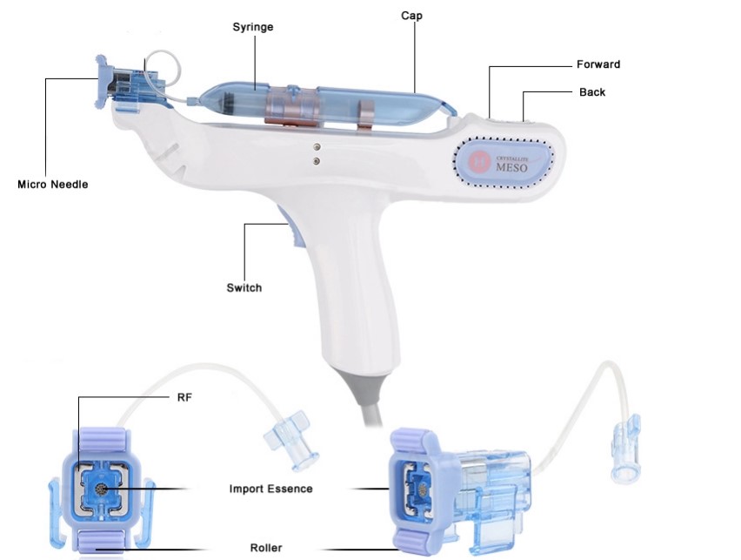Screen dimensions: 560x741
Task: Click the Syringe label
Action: [x=252, y=27]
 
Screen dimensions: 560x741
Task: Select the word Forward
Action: [x=597, y=64]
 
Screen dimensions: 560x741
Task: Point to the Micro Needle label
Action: [x=52, y=185]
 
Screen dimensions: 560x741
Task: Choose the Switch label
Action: [x=244, y=287]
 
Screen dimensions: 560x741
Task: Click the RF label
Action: [x=184, y=397]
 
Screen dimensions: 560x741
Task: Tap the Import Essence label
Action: [x=270, y=489]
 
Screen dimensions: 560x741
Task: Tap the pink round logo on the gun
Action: [x=478, y=161]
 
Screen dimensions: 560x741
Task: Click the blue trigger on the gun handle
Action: [x=289, y=230]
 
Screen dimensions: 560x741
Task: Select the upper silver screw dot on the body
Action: [x=316, y=146]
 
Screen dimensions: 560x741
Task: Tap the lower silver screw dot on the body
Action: [x=316, y=160]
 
